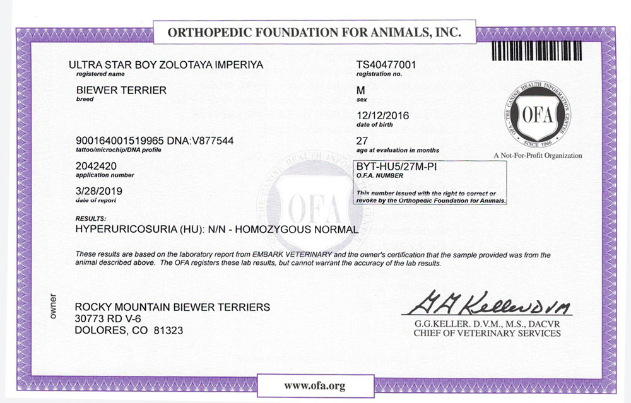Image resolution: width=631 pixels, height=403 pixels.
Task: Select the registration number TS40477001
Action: pos(386,65)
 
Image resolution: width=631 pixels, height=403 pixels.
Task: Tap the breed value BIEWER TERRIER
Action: pos(121,90)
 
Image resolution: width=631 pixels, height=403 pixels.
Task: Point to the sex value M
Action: pos(361,91)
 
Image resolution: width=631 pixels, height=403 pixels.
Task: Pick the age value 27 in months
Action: pos(362,141)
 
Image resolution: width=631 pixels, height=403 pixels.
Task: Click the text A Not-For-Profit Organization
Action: pos(538,156)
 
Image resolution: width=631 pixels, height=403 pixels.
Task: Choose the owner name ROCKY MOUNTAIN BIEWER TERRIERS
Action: pos(172,307)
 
